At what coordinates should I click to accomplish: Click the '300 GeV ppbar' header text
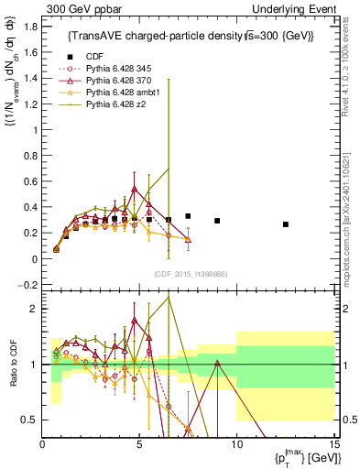point(77,8)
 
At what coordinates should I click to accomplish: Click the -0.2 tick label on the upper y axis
point(28,286)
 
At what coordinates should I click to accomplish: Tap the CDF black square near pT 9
point(217,221)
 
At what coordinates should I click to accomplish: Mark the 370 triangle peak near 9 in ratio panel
point(217,363)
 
